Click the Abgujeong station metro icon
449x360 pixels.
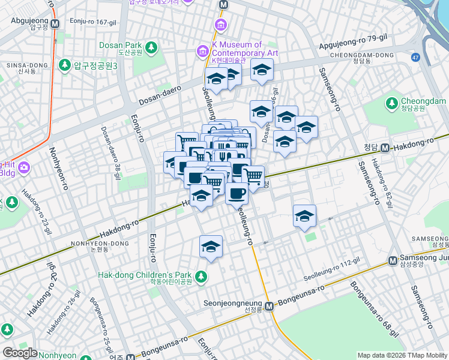point(55,24)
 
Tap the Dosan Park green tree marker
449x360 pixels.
point(151,46)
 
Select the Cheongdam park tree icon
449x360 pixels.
point(393,103)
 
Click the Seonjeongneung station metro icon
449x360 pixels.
point(270,305)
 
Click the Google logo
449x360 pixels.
point(19,353)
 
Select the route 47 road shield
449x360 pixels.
point(415,57)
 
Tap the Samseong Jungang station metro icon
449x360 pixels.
point(392,260)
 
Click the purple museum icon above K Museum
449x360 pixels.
point(221,25)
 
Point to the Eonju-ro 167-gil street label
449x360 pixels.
point(92,22)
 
